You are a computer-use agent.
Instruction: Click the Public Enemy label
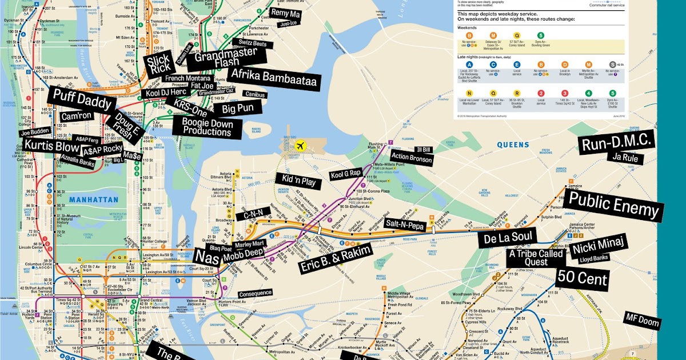pyautogui.click(x=612, y=206)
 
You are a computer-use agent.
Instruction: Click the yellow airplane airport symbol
pyautogui.click(x=299, y=145)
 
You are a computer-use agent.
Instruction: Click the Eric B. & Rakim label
pyautogui.click(x=336, y=258)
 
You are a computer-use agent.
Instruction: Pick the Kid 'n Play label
pyautogui.click(x=298, y=182)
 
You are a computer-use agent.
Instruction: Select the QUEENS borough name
pyautogui.click(x=513, y=145)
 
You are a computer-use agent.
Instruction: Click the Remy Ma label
pyautogui.click(x=285, y=13)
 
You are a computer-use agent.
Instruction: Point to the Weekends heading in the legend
pyautogui.click(x=467, y=26)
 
